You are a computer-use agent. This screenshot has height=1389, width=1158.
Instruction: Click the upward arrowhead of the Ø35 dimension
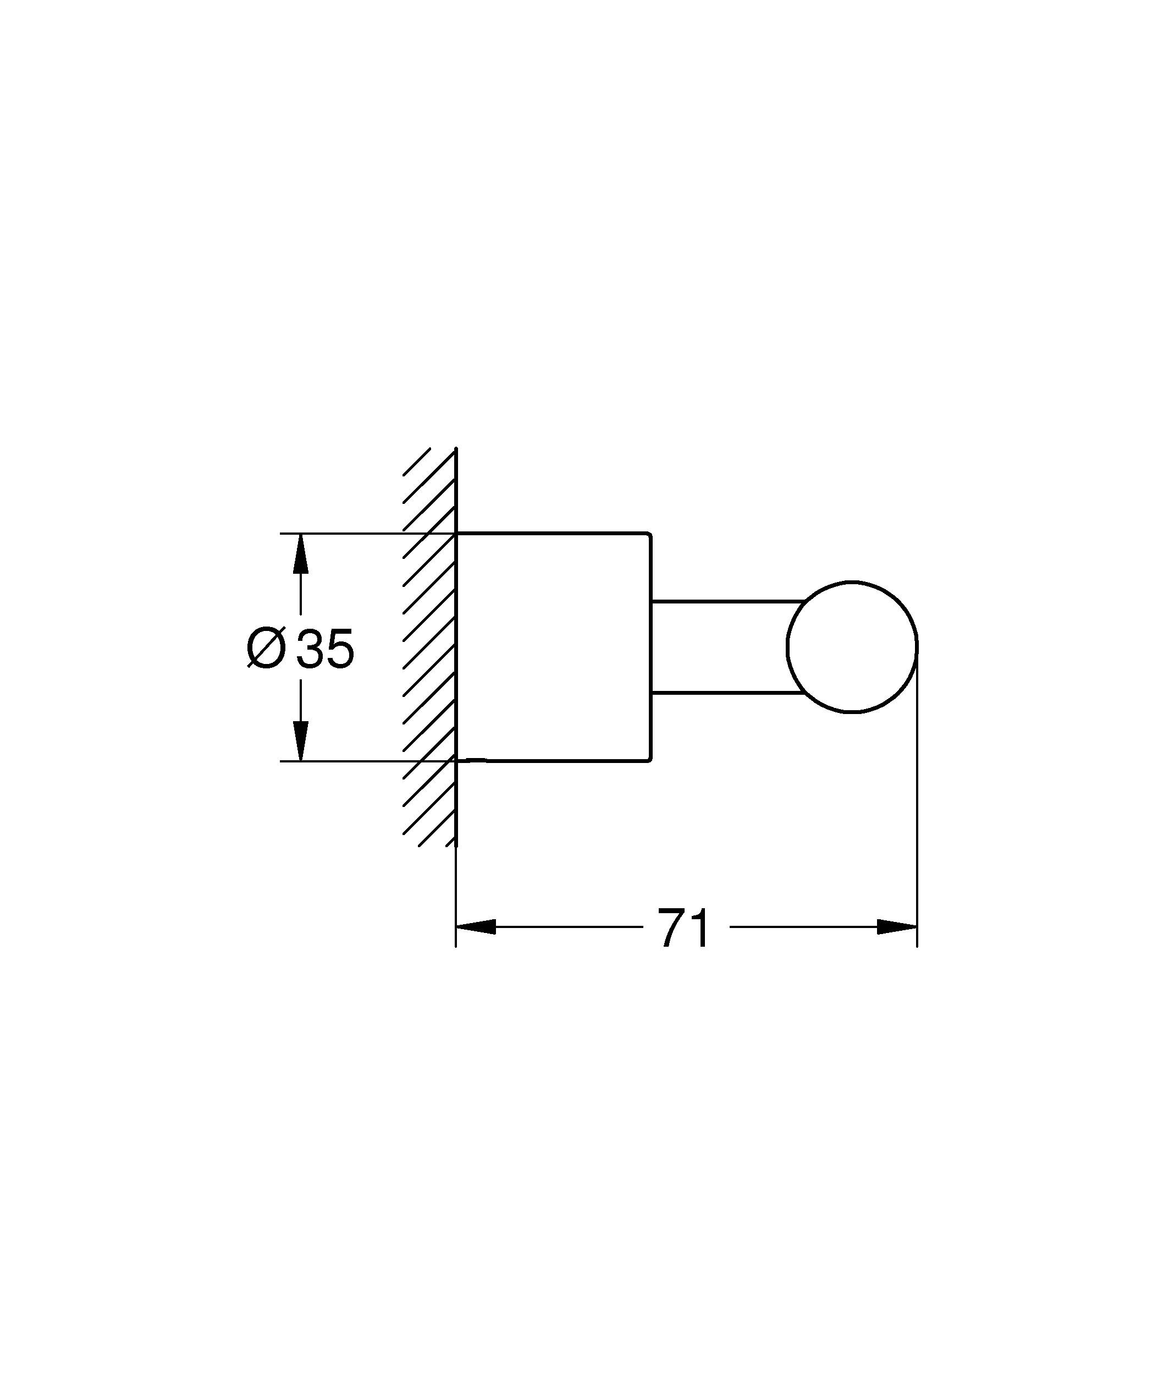tap(301, 552)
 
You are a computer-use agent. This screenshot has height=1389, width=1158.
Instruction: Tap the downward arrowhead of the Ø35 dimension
tap(301, 742)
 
